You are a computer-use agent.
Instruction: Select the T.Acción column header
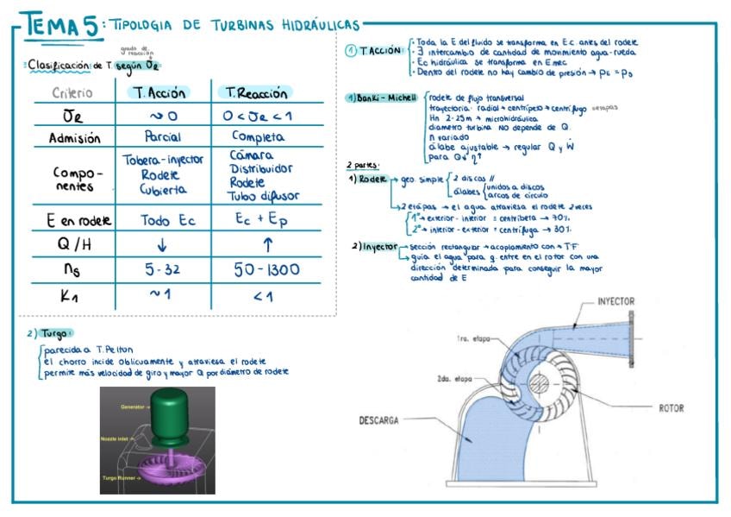(155, 92)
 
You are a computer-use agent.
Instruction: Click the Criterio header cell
(74, 93)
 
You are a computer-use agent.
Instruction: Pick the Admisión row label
(75, 138)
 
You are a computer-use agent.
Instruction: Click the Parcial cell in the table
(163, 137)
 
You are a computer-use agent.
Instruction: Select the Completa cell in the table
(258, 136)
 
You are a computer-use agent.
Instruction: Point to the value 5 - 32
(162, 270)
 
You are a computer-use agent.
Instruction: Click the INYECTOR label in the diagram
(615, 302)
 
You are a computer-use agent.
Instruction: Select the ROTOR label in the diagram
(671, 407)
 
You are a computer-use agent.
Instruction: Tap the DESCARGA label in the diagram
(378, 420)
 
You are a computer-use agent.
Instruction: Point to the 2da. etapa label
(453, 378)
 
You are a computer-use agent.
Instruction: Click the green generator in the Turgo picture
(179, 416)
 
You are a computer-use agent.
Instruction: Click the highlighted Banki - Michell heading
(377, 98)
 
